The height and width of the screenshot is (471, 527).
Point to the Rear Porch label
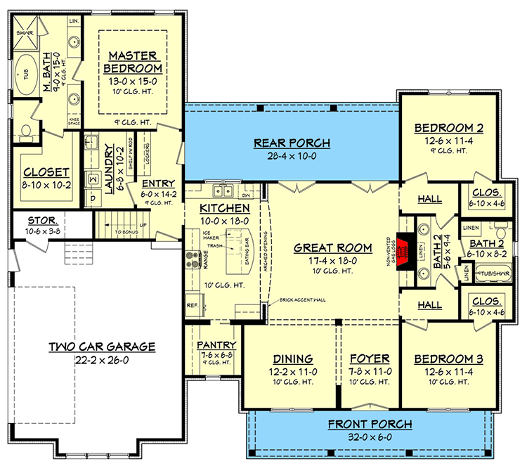[x=292, y=144]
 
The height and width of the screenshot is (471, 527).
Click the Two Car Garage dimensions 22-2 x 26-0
[x=103, y=361]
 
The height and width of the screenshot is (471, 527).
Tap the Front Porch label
[x=370, y=425]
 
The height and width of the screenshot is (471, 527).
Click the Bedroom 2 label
[x=448, y=128]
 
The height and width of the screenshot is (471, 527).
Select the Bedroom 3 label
[x=448, y=358]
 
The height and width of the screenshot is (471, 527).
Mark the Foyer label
[x=370, y=358]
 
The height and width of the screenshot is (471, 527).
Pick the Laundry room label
[x=109, y=167]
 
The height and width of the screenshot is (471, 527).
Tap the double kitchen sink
[x=224, y=190]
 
